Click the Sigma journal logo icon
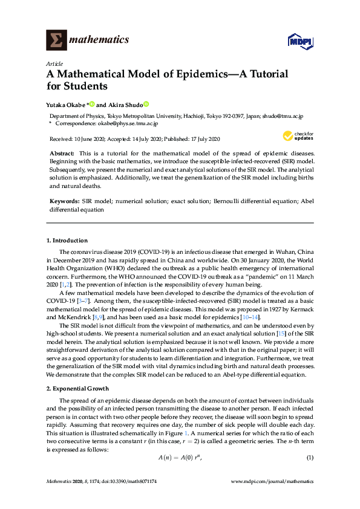[x=56, y=40]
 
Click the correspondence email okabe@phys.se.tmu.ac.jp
[x=129, y=123]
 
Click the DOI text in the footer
[x=128, y=482]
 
